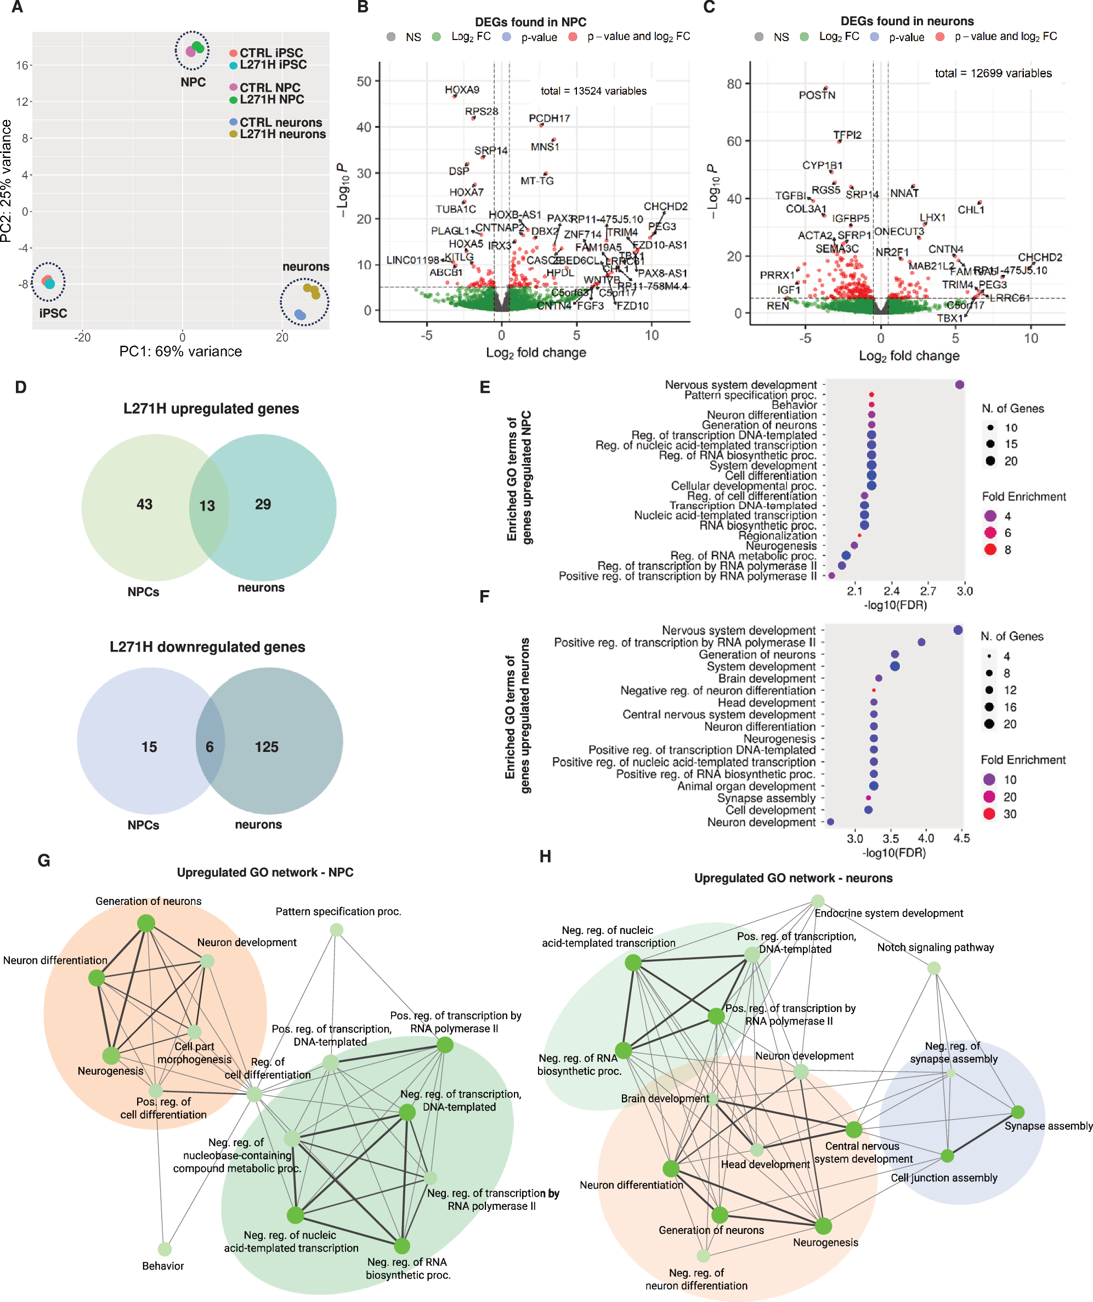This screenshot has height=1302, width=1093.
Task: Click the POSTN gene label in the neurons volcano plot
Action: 817,95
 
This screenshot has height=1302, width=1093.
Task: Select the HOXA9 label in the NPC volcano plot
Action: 462,90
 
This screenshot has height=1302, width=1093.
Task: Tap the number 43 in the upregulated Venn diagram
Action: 144,504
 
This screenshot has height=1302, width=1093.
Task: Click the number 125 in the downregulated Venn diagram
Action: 267,747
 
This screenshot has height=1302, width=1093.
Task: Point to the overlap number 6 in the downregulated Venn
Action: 209,747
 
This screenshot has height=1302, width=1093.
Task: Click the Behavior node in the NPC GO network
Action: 165,1249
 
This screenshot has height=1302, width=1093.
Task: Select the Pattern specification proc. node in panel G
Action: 336,930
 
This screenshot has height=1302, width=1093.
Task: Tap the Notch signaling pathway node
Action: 933,968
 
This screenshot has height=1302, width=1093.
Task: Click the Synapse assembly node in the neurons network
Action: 1017,1112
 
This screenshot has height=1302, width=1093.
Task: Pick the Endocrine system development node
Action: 818,901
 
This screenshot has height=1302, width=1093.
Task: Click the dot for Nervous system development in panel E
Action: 960,385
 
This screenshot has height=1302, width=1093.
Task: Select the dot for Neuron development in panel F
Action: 831,822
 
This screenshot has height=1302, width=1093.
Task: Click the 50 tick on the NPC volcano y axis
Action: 364,81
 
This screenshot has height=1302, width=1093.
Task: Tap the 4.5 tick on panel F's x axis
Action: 961,838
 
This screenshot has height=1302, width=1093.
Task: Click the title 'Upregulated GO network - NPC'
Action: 265,873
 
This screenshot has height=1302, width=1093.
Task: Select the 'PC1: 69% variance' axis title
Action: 180,352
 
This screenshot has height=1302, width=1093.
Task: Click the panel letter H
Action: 545,856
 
